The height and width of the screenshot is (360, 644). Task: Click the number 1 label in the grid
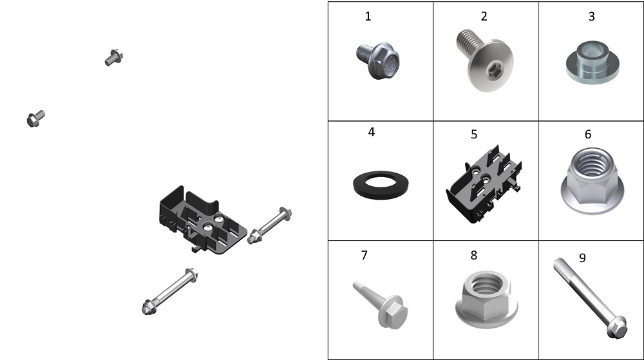pos(368,16)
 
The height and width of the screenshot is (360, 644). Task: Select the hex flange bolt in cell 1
pos(378,61)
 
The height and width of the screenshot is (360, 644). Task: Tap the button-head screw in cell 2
pos(485,60)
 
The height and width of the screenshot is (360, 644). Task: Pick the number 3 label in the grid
pos(591,16)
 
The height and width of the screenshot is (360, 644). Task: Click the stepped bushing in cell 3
pos(592,62)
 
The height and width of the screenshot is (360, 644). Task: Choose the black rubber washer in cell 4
pos(381,185)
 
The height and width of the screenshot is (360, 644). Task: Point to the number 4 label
pos(372,132)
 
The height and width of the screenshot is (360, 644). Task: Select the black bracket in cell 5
pos(484,185)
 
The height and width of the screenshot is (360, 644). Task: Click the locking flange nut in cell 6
pos(592,181)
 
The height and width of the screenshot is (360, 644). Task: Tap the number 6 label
pos(588,134)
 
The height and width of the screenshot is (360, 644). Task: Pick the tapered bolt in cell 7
pos(381,304)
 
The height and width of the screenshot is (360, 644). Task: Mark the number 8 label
pos(473,255)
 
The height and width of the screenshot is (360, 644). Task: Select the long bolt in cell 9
pos(590,298)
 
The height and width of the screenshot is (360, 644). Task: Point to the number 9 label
pos(582,258)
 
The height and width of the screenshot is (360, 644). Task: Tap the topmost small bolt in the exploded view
pos(114,57)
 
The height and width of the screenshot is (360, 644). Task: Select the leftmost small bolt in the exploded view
pos(35,118)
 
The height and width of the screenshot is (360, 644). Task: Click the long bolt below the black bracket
pos(169,292)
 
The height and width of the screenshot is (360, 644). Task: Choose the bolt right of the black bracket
pos(269,226)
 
